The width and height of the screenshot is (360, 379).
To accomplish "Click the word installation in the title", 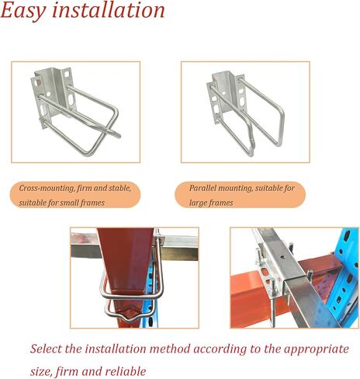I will pos(109,11).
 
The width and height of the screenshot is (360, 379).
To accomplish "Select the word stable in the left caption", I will pos(118,188).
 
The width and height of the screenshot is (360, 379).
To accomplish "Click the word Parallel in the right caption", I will pos(205,188).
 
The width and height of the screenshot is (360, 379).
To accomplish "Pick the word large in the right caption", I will pos(201,203).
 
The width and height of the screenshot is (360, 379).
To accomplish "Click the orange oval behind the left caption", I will pos(75,195).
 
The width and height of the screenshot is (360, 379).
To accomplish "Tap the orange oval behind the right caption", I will pos(243,195).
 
